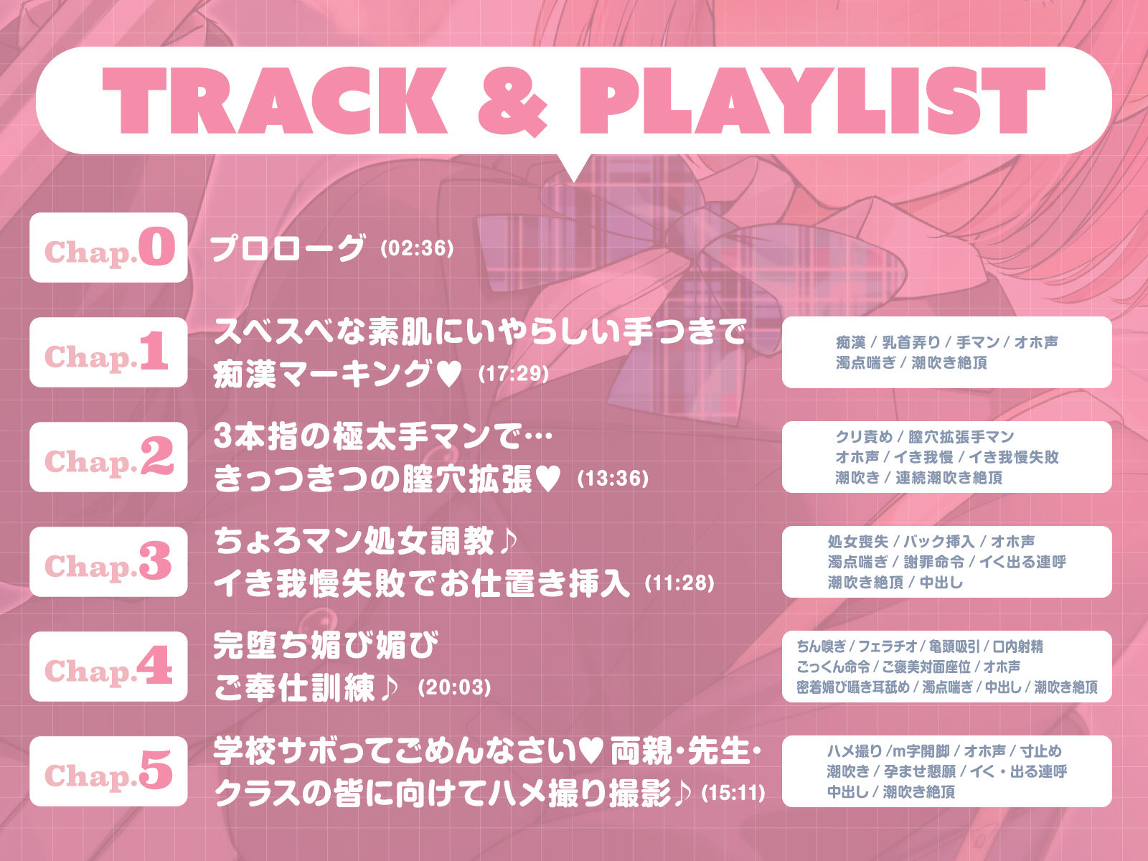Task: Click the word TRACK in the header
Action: click(275, 100)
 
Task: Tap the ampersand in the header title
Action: click(512, 101)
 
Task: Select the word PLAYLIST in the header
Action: click(811, 100)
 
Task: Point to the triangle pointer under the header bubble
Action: click(574, 167)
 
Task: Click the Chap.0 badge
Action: click(108, 248)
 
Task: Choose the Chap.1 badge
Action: click(108, 352)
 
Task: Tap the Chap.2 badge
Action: click(108, 456)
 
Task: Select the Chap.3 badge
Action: click(108, 562)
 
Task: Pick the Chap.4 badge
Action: click(108, 666)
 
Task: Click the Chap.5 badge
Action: click(108, 771)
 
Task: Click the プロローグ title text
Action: click(287, 248)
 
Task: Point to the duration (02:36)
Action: click(417, 248)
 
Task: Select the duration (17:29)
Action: click(513, 374)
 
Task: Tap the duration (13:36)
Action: click(613, 479)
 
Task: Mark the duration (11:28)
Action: click(679, 583)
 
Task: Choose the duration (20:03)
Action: click(454, 687)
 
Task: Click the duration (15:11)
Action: click(733, 793)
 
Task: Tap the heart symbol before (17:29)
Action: click(448, 375)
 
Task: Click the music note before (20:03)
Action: click(389, 687)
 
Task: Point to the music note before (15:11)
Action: click(682, 793)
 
